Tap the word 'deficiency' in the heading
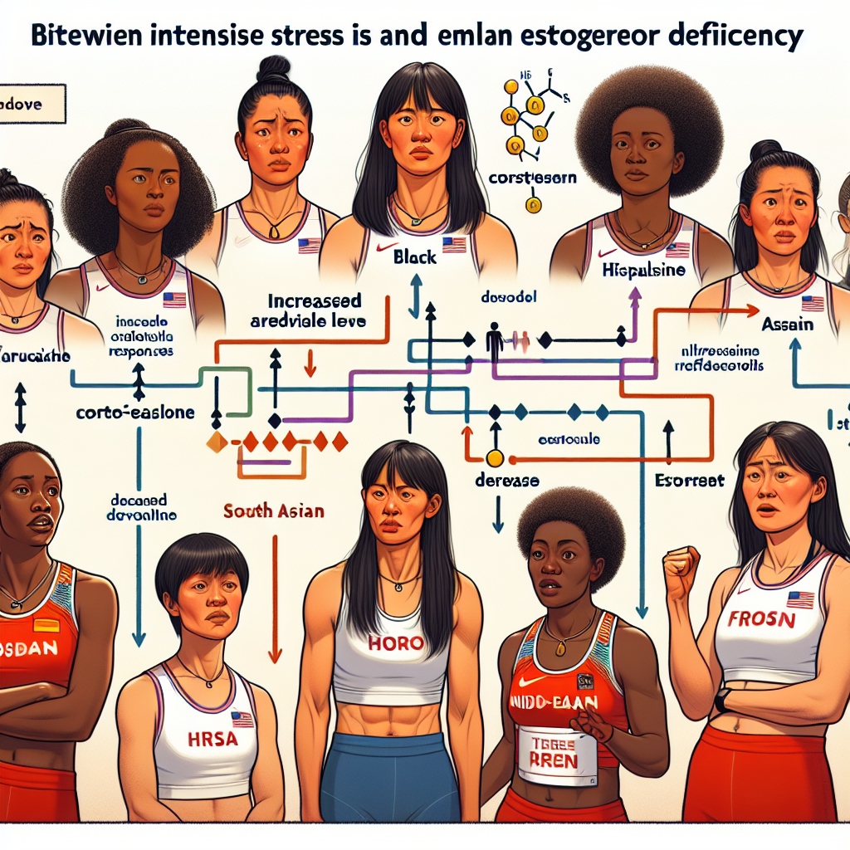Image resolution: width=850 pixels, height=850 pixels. pyautogui.click(x=731, y=37)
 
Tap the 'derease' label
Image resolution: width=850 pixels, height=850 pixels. pyautogui.click(x=506, y=481)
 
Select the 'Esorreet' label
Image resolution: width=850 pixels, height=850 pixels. pyautogui.click(x=690, y=480)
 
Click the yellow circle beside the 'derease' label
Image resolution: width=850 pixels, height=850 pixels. pyautogui.click(x=495, y=457)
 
